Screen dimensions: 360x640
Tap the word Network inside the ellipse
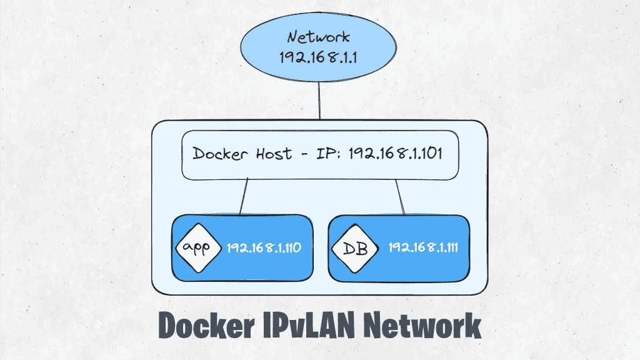(319, 37)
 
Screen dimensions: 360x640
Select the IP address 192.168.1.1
(319, 58)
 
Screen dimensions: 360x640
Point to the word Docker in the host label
(216, 154)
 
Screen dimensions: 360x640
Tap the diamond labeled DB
(354, 249)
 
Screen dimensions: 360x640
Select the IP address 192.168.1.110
(264, 247)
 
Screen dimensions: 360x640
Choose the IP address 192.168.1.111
(423, 247)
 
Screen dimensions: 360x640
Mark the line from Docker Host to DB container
(400, 197)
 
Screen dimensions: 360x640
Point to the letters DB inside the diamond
(354, 249)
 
